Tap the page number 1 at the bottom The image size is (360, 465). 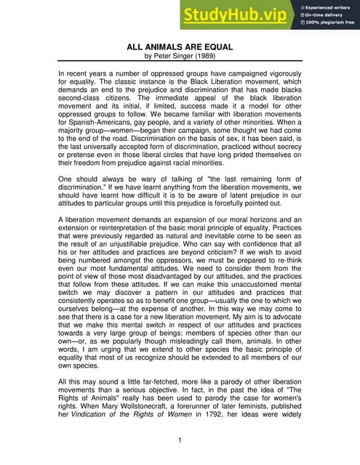[180, 440]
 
